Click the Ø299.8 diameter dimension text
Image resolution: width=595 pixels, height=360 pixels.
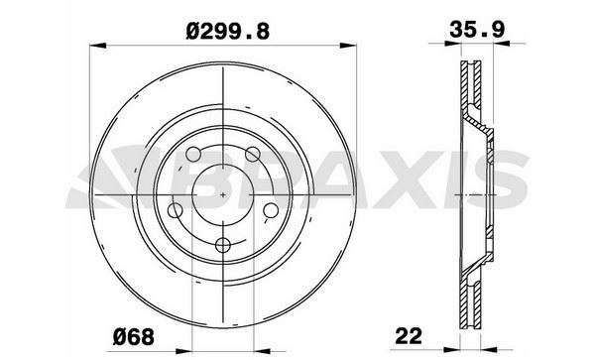pos(228,31)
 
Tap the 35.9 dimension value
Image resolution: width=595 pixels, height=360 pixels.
pos(477,29)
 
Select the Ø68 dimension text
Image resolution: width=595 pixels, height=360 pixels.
pos(134,336)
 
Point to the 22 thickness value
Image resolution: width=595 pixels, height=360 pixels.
pos(409,336)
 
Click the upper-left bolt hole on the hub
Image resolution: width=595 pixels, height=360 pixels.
pos(193,155)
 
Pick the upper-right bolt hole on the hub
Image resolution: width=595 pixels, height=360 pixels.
pos(252,155)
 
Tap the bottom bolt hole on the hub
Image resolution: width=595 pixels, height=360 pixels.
pos(223,245)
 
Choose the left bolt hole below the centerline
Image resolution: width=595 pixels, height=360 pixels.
pos(175,210)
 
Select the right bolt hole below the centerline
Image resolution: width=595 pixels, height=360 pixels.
pos(271,210)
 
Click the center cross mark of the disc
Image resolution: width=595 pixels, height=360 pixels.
pos(223,194)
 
